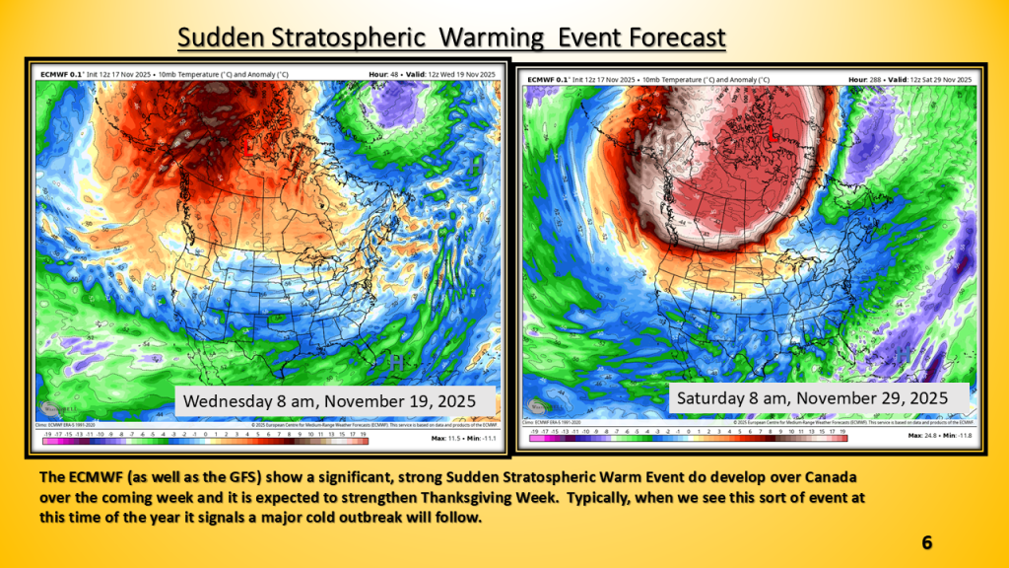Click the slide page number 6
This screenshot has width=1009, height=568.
pos(926,543)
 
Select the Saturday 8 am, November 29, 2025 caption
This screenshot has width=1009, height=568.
pos(811,397)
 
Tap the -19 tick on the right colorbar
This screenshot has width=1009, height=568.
pos(533,431)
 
